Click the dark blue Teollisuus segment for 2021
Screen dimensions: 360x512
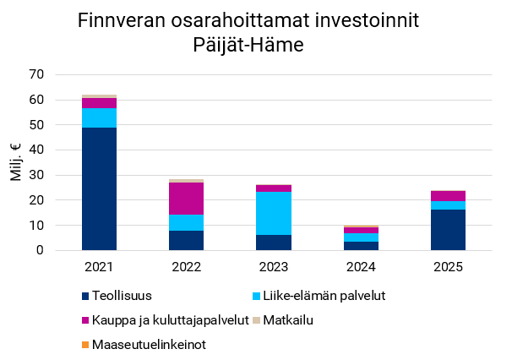(x=99, y=188)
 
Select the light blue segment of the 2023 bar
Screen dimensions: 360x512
(x=274, y=213)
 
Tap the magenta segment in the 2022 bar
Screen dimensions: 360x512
(x=187, y=199)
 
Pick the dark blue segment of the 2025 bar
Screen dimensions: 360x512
(x=448, y=230)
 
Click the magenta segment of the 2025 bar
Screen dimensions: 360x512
(x=448, y=196)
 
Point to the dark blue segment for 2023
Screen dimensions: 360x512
(x=274, y=243)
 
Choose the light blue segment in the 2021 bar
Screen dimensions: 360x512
(x=99, y=117)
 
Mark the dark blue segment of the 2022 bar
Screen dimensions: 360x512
(x=187, y=241)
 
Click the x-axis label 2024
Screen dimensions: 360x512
(x=361, y=267)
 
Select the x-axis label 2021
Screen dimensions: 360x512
(x=99, y=267)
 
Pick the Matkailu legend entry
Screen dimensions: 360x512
(x=288, y=320)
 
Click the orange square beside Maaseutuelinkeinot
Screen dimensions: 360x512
(x=85, y=345)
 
